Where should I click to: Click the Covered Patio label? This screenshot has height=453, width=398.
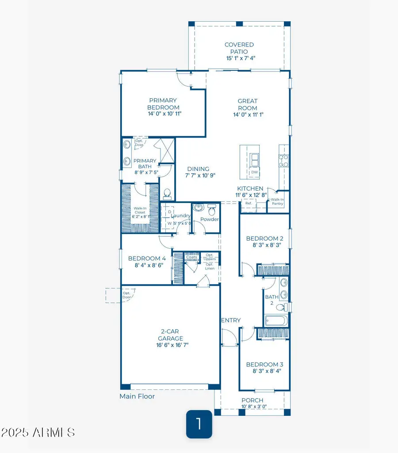tap(239, 48)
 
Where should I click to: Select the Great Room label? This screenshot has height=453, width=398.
tap(247, 104)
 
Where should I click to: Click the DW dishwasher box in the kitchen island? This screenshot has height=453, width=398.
tap(254, 172)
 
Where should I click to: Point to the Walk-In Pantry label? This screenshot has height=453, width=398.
tap(278, 202)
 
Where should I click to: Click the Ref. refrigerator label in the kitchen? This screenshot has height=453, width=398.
tap(248, 203)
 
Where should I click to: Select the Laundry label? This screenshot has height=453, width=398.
tap(181, 216)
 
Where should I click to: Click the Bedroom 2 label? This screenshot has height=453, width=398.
tap(264, 238)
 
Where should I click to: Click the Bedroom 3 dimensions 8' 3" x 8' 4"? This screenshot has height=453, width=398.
tap(264, 371)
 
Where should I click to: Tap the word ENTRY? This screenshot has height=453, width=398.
tap(230, 320)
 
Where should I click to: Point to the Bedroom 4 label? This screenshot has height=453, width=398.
tap(147, 259)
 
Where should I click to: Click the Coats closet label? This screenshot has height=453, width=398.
tap(191, 257)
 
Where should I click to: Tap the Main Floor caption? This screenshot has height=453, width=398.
tap(137, 396)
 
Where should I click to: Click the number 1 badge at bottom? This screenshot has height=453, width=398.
tap(199, 424)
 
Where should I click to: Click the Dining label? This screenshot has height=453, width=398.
tap(198, 169)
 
